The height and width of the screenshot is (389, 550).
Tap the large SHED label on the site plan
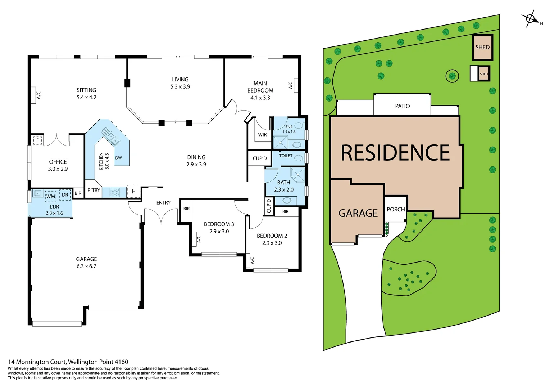pos(482,47)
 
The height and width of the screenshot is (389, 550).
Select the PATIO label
pos(402,106)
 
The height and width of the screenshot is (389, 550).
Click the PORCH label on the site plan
pos(396,209)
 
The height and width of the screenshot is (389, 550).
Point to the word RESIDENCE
pos(395,153)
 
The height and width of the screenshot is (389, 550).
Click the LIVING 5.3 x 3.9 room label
pos(180,83)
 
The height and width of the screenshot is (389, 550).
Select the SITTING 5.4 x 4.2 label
pos(86,94)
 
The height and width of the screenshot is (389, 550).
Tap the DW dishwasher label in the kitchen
pos(118,158)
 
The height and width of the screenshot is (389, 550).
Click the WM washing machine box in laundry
pos(51,196)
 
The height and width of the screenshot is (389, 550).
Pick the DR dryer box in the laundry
pos(65,195)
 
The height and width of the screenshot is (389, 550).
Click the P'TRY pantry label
pos(94,190)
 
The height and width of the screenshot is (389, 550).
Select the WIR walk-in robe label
pos(262,134)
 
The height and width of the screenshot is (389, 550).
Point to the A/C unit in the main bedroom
pos(296,85)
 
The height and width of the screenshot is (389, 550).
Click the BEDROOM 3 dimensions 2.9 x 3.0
pos(219,231)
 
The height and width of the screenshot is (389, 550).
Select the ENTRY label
pos(163,203)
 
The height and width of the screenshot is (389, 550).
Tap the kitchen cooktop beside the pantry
pos(115,192)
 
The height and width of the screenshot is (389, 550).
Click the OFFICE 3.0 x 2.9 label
pos(58,165)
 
